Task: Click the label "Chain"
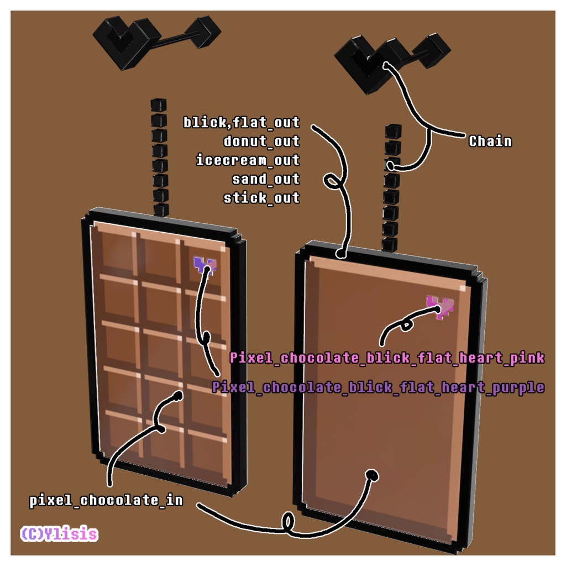[x=490, y=141]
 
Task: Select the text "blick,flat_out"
[x=242, y=122]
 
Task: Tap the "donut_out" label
[x=261, y=141]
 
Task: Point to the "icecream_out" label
[x=248, y=160]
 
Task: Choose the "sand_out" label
[x=266, y=179]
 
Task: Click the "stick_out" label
[x=261, y=198]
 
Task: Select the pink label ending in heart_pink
[x=387, y=358]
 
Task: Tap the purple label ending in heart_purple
[x=378, y=387]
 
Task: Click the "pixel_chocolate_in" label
[x=106, y=501]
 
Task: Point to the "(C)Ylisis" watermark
[x=59, y=534]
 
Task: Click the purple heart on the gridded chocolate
[x=205, y=265]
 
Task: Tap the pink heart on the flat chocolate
[x=440, y=306]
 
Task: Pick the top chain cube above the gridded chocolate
[x=159, y=105]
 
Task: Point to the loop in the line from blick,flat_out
[x=333, y=181]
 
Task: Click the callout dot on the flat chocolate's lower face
[x=372, y=475]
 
